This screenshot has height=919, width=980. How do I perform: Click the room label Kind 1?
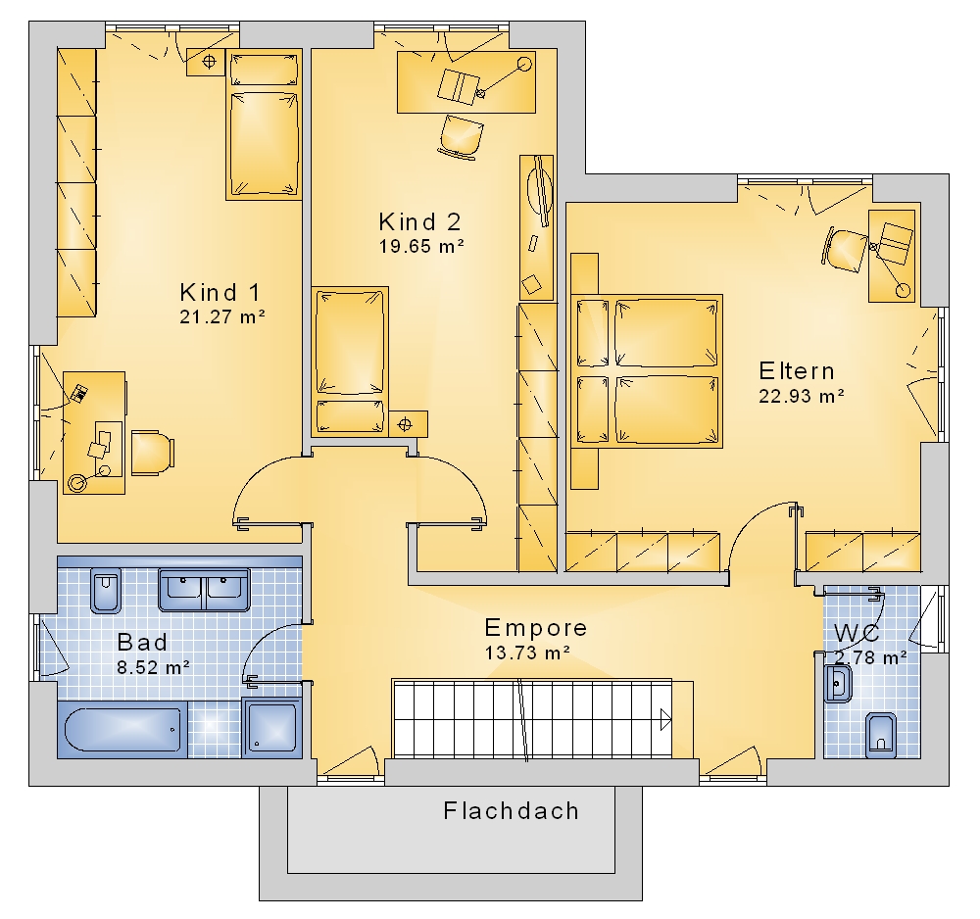coord(220,292)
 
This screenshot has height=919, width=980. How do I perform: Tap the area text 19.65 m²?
coord(421,246)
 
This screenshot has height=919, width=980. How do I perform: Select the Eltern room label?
coord(796,371)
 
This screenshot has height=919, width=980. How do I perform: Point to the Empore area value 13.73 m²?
coord(527,653)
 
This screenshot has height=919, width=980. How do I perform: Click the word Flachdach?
coord(512,811)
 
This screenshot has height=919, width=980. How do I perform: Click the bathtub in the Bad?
coord(124,729)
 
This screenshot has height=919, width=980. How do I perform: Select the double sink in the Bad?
coord(204,590)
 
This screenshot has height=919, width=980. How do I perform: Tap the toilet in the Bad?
coord(106,591)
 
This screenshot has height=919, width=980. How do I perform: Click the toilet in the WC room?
coord(881,735)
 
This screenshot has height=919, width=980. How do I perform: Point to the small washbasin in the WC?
coord(838,684)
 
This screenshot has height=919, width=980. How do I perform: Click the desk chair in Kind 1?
coord(152,453)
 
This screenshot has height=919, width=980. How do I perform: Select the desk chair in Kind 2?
coord(461,134)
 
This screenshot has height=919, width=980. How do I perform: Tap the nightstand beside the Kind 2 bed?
coord(408,424)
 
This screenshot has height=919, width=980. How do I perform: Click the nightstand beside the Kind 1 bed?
coord(206,62)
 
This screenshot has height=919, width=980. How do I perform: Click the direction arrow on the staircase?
coord(665,719)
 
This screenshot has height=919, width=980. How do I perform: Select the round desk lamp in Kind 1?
coord(77,483)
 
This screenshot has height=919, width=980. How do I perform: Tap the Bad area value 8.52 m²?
coord(153,667)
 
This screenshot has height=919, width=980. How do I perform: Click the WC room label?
coord(857,634)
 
